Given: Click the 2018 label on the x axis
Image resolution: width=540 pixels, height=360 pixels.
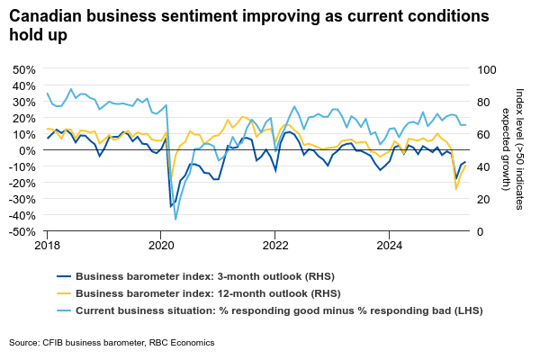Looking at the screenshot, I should [x=48, y=245].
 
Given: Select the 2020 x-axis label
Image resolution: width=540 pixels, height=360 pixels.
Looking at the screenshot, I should [x=161, y=245].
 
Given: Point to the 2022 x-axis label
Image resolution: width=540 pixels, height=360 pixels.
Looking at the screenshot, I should [x=274, y=245].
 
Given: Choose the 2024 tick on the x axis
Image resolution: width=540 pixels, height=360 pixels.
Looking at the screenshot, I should [x=389, y=245].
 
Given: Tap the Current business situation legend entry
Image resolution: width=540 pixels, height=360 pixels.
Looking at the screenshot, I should [x=279, y=310].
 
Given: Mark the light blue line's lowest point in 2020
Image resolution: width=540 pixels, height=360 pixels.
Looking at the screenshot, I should [x=175, y=219].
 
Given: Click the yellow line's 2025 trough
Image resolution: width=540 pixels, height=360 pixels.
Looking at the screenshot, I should [x=456, y=189].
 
